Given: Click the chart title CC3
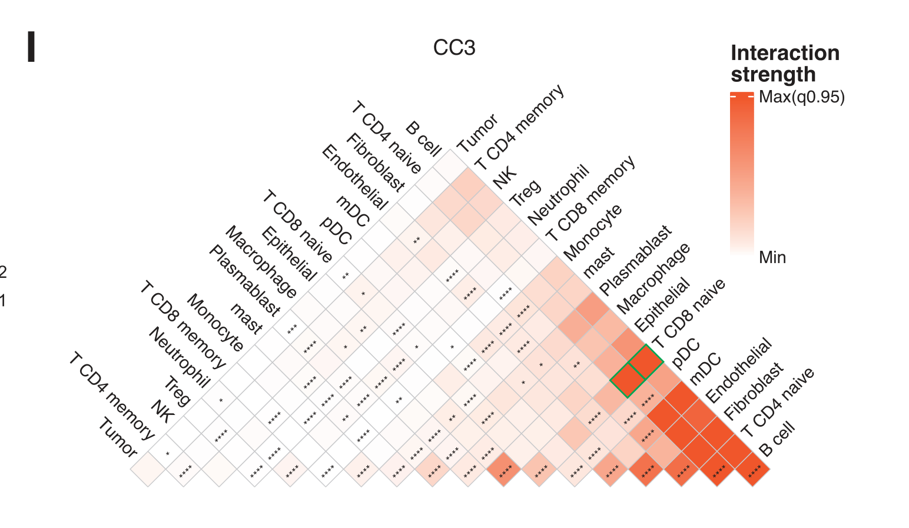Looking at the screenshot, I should pos(454,48).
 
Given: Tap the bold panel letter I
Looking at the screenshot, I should pos(31,47).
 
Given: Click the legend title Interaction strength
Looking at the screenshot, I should pos(785,64).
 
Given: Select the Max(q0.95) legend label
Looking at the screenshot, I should pos(802,97).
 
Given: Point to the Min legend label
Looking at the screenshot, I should pos(772,257).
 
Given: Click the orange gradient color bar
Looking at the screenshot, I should pos(741,174).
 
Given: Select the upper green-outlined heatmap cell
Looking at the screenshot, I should pos(646,362).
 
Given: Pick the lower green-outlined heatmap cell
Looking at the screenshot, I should pos(628,380).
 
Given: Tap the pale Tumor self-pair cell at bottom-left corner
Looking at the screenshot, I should pos(147,469).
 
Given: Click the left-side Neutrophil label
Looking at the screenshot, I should pos(178,357).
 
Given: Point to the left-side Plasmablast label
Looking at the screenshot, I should pos(244,280).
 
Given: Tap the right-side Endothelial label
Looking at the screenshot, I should pos(738,370).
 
